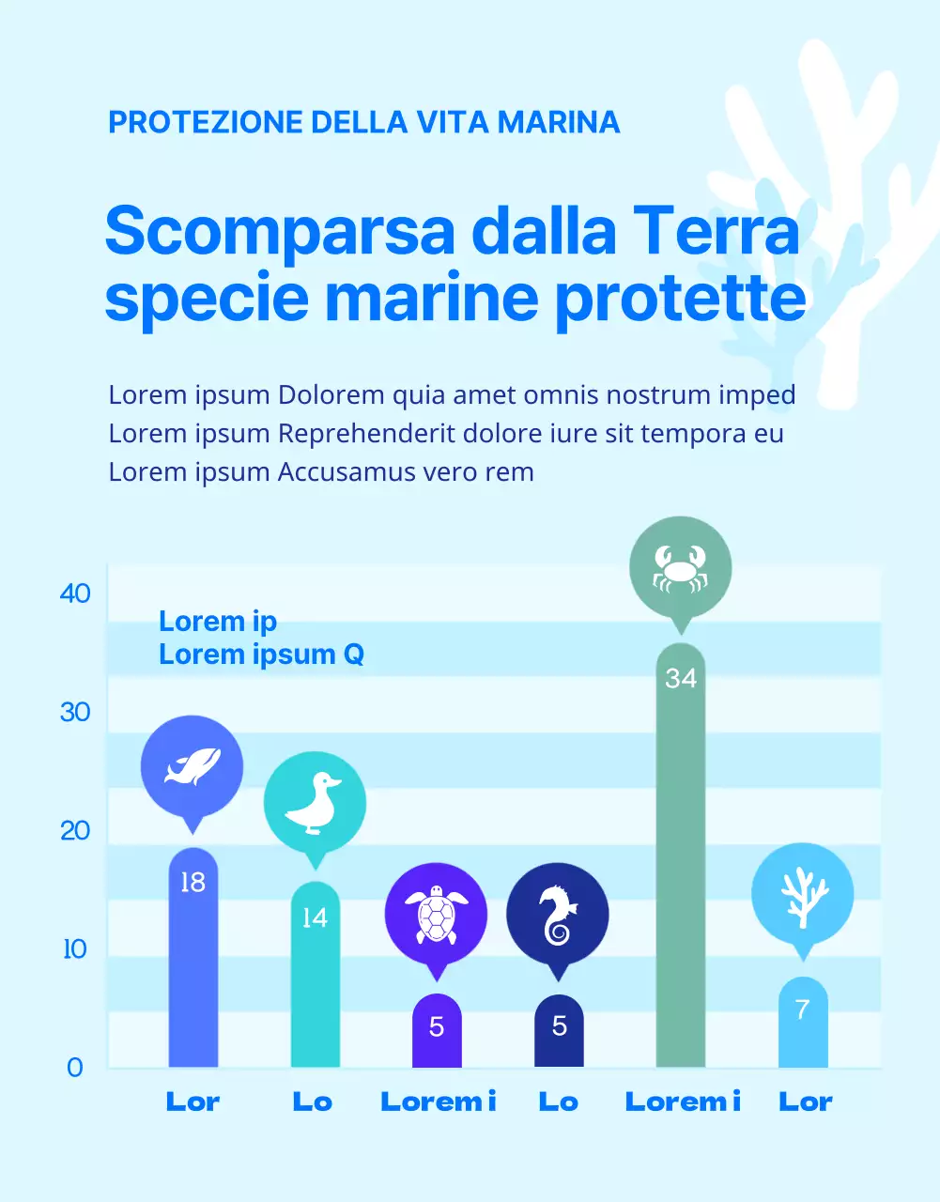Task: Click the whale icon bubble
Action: pos(192,766)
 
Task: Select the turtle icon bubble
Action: pos(436,914)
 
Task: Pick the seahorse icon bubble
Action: pos(558,914)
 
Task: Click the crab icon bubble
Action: pos(680,567)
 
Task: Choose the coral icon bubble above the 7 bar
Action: pos(802,894)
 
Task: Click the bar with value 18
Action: pos(193,967)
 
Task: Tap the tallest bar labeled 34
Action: pos(680,864)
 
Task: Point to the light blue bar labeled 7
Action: pos(803,1028)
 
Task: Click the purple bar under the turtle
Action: pos(437,1033)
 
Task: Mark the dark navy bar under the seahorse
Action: pos(559,1033)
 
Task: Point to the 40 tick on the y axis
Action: pos(75,593)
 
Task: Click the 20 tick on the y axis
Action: pos(75,830)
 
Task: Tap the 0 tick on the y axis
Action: pos(75,1068)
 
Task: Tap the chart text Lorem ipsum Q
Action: pos(261,654)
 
